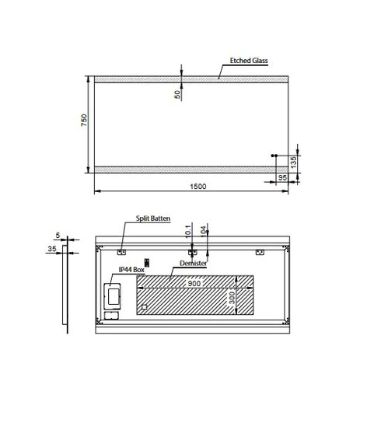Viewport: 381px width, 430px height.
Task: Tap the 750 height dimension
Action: click(83, 123)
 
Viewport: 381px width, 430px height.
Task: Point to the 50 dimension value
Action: click(177, 94)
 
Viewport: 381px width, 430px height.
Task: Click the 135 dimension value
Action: click(292, 163)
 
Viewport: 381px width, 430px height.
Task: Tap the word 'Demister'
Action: click(194, 264)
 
